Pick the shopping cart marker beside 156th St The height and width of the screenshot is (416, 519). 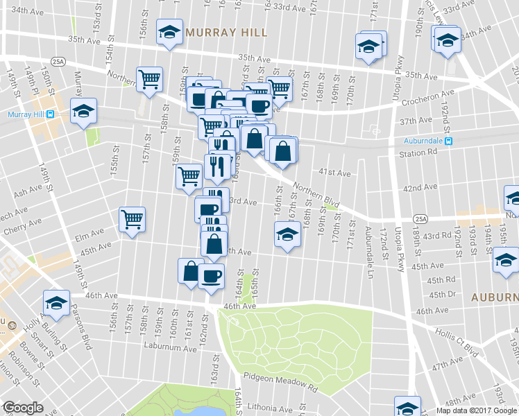coord(149,80)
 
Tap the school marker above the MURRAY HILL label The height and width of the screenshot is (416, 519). coord(169,33)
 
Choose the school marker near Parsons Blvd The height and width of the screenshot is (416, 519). coord(56,302)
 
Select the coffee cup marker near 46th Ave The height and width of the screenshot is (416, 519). coord(211,276)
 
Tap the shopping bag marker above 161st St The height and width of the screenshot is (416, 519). coord(191,272)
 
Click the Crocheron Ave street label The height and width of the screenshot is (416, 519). coord(435,92)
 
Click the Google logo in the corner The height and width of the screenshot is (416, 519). coord(23,408)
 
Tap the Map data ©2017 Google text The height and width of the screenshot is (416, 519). coord(476,410)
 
